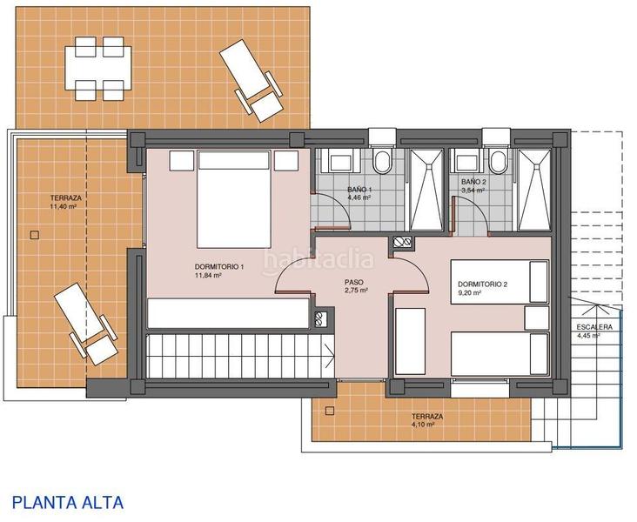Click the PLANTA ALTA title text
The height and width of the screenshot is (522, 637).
click(x=68, y=502)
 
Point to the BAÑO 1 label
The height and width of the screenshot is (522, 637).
click(x=359, y=190)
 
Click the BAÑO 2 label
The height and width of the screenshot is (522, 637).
click(x=473, y=181)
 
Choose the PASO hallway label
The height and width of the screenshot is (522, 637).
click(x=353, y=282)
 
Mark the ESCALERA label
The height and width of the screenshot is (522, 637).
click(x=593, y=327)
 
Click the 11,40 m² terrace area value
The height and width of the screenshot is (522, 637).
click(x=64, y=208)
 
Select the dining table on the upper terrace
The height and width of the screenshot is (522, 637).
click(x=97, y=68)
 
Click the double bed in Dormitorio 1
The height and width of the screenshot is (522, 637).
click(x=234, y=198)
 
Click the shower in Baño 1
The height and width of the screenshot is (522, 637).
click(x=426, y=190)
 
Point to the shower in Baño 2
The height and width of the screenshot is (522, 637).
click(x=534, y=190)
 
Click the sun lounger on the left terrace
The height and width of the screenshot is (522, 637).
click(x=85, y=324)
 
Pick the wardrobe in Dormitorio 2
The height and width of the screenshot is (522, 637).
click(x=409, y=340)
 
